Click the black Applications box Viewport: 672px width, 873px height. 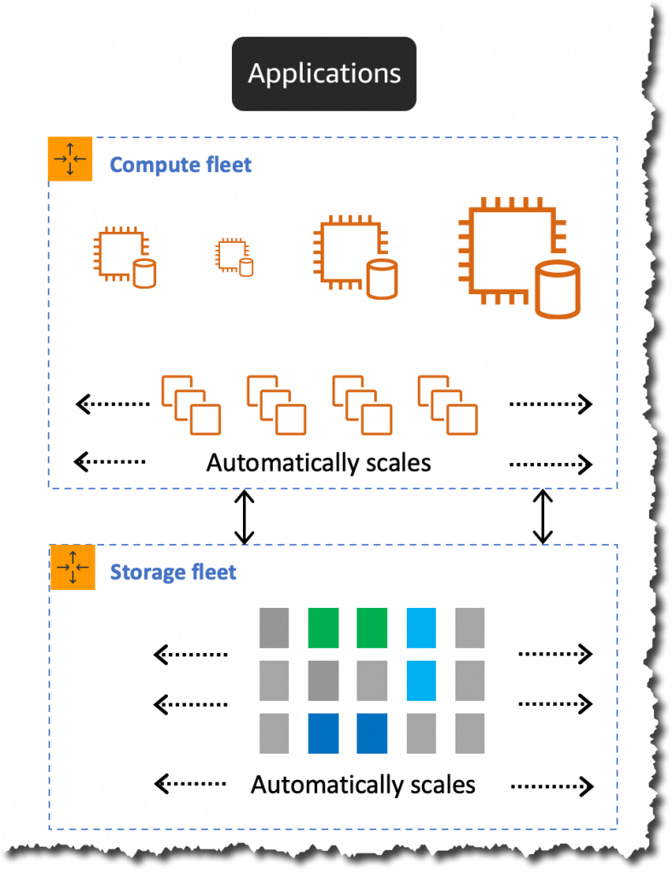tap(324, 73)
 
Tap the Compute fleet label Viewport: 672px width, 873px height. tap(181, 164)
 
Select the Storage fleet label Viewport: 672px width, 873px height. tap(173, 571)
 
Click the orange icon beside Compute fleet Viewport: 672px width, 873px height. tap(71, 159)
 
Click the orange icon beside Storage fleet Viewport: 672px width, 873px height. tap(72, 567)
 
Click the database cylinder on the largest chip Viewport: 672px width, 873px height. tap(557, 290)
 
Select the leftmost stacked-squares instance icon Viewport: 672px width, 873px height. tap(191, 403)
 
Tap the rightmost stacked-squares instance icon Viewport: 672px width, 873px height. tap(448, 403)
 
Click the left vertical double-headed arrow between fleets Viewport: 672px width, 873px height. tap(245, 517)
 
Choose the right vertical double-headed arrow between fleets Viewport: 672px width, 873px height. tap(542, 517)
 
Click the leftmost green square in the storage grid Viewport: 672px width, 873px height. tap(323, 627)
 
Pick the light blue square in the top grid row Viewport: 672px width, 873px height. tap(421, 627)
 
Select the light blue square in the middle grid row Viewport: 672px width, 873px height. tap(421, 679)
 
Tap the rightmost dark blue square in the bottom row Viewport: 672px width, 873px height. tap(372, 732)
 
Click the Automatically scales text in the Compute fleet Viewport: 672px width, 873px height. tap(318, 463)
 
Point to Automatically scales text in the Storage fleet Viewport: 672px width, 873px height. tap(362, 783)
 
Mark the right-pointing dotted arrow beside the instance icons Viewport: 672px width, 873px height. tap(550, 403)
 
